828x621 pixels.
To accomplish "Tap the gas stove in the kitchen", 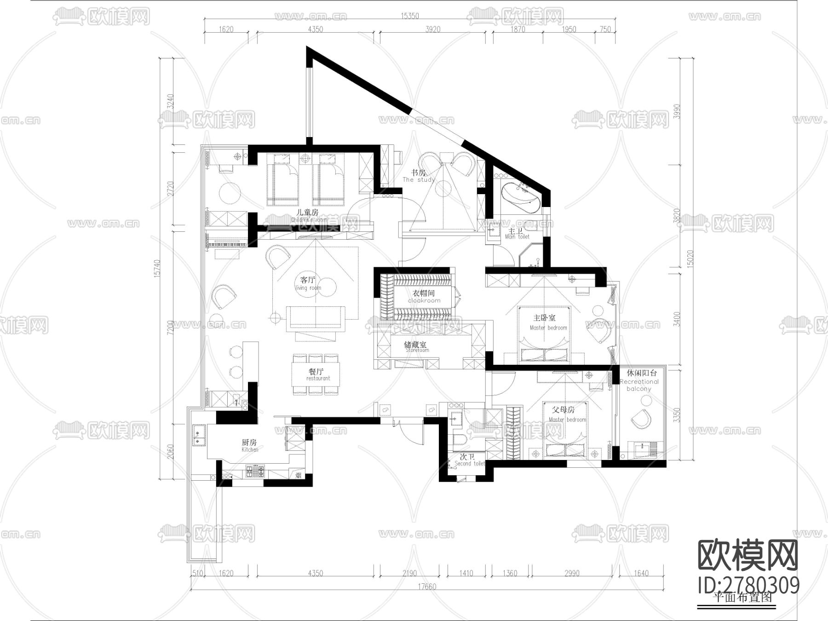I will pyautogui.click(x=255, y=471).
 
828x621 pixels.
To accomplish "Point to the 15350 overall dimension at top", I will pyautogui.click(x=410, y=16).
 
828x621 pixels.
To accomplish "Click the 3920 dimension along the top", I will pyautogui.click(x=432, y=29).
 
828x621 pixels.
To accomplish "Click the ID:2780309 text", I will pyautogui.click(x=748, y=586).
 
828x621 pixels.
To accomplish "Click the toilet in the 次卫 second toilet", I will pyautogui.click(x=460, y=440).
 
